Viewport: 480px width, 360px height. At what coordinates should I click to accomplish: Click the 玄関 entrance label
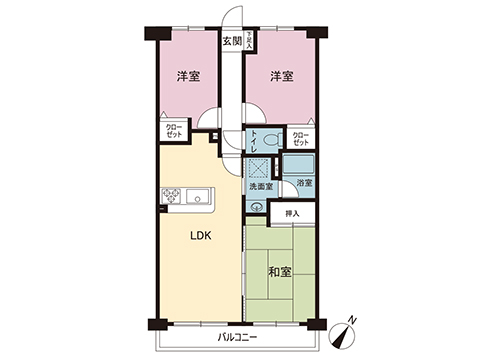[231, 41]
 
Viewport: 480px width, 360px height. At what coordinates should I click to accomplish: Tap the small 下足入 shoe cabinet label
[248, 41]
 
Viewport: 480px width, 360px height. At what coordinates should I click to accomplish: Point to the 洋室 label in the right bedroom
[280, 76]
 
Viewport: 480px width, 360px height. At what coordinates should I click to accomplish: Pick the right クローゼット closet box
[300, 137]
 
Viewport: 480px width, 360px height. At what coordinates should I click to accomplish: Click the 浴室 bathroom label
[304, 183]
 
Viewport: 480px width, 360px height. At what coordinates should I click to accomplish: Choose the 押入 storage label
[292, 213]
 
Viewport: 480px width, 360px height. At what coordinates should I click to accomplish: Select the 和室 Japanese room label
[279, 270]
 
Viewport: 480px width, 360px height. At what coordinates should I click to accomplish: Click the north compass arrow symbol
[349, 322]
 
